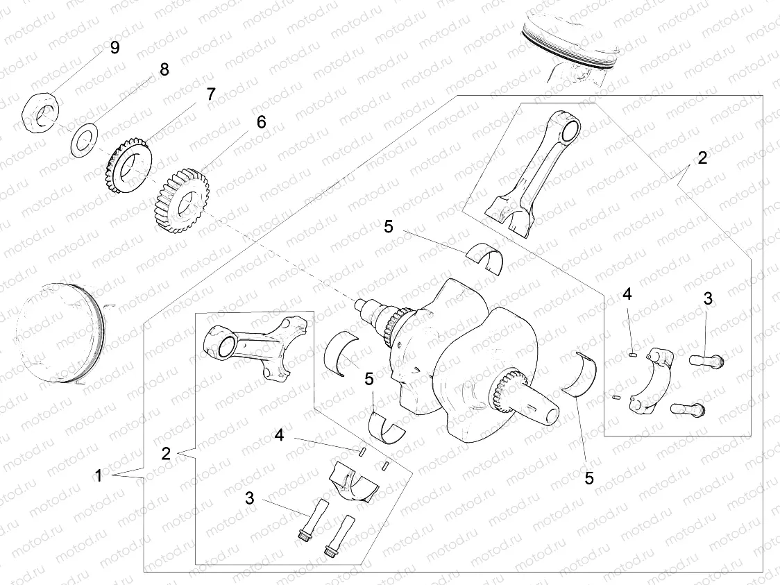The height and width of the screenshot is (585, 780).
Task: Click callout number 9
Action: click(x=115, y=47)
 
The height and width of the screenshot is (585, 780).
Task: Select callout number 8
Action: click(x=164, y=69)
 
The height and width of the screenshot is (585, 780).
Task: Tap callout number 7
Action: click(x=210, y=94)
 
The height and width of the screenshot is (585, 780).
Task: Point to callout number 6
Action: click(x=261, y=122)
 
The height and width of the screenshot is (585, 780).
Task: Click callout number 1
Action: click(x=99, y=477)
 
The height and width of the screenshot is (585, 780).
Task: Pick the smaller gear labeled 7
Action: click(x=129, y=167)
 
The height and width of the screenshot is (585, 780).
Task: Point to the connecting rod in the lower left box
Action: click(x=256, y=344)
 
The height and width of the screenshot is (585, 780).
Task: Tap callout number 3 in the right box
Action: click(x=708, y=299)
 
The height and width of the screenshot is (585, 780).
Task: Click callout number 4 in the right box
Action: click(x=627, y=294)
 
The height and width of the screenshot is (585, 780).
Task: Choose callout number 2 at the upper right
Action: click(x=702, y=158)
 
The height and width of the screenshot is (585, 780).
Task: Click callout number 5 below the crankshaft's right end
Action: click(x=588, y=477)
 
